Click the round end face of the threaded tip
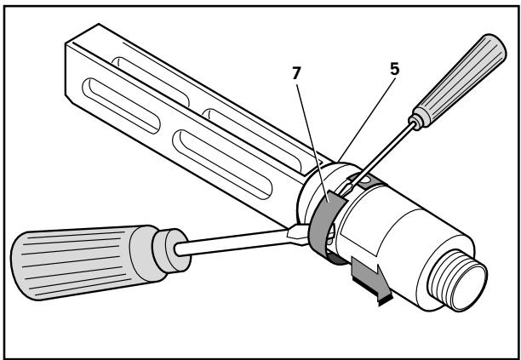pos(470,286)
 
